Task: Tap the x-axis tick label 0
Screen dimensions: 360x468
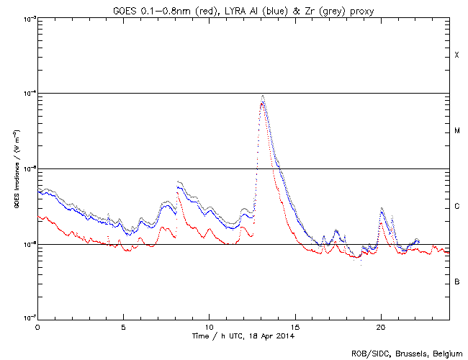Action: [37, 327]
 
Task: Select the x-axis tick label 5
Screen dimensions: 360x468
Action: [123, 327]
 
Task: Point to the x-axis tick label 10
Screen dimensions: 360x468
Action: [209, 327]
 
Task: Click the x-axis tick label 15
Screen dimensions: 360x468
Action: [294, 327]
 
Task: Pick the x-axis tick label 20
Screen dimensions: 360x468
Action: [380, 327]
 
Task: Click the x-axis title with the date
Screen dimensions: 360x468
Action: [243, 336]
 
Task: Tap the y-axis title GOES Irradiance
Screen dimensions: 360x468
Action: [15, 168]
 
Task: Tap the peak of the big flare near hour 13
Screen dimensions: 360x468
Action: [263, 96]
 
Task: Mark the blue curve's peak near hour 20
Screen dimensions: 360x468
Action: [382, 209]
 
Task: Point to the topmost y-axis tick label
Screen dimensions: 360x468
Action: [27, 18]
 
